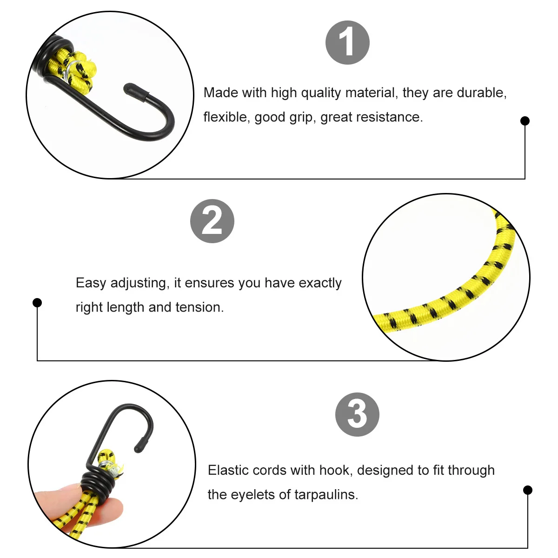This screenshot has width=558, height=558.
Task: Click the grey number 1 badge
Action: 347,42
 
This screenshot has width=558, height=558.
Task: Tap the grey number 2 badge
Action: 212,221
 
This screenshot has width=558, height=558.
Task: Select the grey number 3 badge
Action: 357,414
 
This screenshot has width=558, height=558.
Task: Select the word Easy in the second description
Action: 91,283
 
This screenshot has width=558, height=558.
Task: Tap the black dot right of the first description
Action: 525,121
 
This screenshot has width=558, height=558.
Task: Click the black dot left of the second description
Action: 37,303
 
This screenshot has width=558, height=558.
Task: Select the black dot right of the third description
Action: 527,490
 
